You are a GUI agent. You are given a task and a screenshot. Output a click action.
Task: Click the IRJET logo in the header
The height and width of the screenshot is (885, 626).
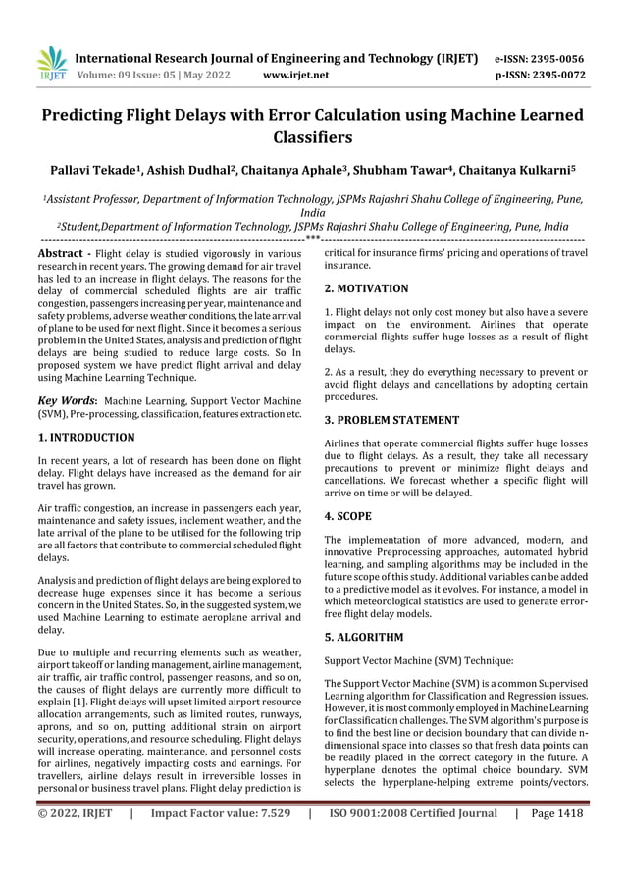tap(49, 64)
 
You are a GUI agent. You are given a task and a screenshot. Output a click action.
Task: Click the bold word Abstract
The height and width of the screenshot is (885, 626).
tap(58, 252)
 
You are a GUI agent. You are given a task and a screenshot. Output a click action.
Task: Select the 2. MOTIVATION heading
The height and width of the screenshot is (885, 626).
tap(366, 288)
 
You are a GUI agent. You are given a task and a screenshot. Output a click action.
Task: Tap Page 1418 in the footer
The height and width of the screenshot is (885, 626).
tap(556, 812)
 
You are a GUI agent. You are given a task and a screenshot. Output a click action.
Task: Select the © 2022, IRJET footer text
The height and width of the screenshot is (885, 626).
tap(76, 812)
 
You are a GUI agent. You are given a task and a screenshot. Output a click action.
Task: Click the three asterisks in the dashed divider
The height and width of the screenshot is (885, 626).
tap(312, 238)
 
